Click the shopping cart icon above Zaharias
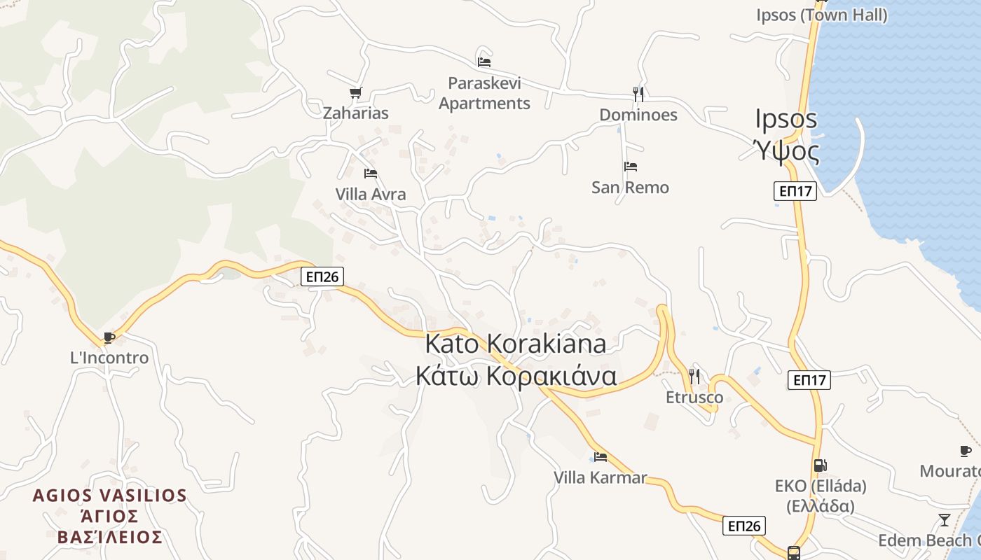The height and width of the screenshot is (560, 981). point(355,92)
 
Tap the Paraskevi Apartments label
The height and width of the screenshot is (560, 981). point(484,94)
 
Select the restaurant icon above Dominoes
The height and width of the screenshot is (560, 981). point(638,94)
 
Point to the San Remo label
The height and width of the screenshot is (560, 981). point(630,188)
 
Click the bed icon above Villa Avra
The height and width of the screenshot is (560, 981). point(371,173)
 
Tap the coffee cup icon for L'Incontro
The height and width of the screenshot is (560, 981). point(109,337)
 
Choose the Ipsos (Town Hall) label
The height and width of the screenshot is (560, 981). point(822,15)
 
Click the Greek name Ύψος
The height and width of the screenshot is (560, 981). point(786,150)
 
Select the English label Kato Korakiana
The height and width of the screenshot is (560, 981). point(516,344)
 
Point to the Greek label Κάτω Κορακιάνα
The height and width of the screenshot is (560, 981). point(516,376)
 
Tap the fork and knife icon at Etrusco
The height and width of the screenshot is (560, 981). point(694,376)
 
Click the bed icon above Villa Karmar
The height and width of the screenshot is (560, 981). point(601,457)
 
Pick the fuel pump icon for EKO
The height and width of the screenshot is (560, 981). point(820,465)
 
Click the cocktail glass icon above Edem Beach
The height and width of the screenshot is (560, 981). point(945,519)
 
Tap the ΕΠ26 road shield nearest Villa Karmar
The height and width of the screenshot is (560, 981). point(743,526)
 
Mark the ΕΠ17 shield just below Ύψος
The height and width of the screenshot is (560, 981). point(795,191)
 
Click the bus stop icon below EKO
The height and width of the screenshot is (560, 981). point(793,553)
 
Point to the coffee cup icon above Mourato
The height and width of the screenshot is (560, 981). point(965,451)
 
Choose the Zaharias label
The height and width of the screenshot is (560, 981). point(355,113)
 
